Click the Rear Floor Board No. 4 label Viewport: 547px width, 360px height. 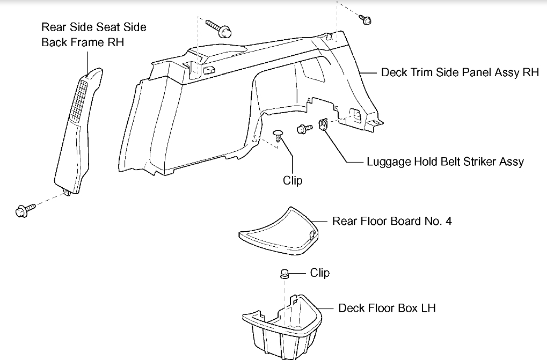[x=392, y=221]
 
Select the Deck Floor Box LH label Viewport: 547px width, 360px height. [x=387, y=308]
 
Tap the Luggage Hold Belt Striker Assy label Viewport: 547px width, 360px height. [x=445, y=161]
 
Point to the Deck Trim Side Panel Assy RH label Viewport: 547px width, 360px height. [x=460, y=72]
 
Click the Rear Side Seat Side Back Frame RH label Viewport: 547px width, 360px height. [x=93, y=34]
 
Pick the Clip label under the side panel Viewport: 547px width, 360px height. [x=293, y=180]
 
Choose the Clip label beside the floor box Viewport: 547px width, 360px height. [x=320, y=273]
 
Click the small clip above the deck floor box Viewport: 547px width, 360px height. [x=283, y=274]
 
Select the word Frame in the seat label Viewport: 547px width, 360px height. [x=87, y=42]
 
